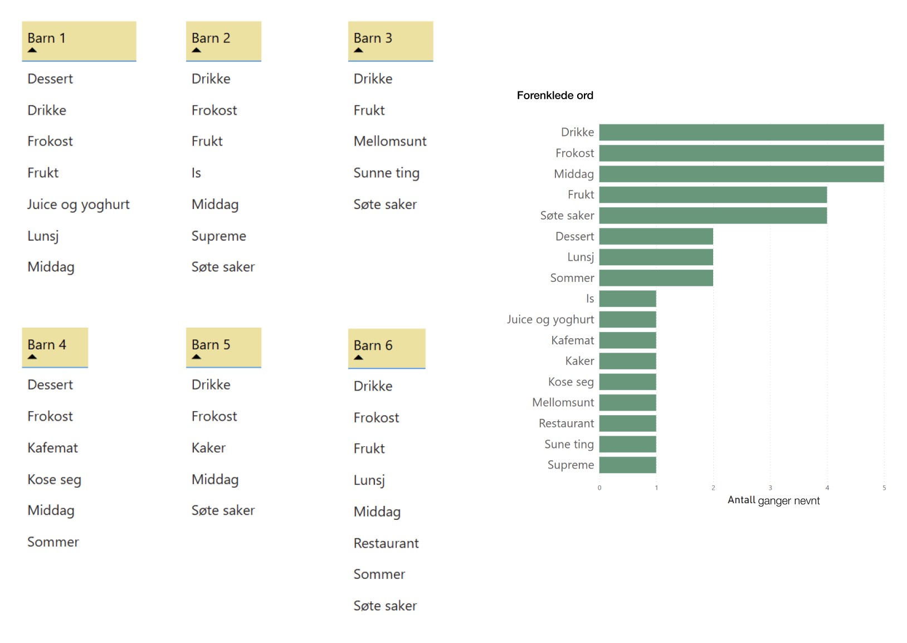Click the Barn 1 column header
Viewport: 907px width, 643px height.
tap(79, 40)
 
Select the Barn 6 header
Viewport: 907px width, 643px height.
tap(386, 348)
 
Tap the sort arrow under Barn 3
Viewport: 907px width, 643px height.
tap(358, 50)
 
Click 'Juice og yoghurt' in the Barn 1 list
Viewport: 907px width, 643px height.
tap(78, 204)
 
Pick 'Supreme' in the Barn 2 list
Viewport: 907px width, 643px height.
tap(218, 236)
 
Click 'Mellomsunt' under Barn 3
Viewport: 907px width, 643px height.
tap(389, 142)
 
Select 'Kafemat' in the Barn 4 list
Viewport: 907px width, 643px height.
tap(52, 448)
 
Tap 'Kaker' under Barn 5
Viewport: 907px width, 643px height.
tap(208, 448)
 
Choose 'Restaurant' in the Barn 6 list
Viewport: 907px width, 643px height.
tap(386, 544)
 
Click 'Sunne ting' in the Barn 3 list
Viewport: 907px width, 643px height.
tap(386, 173)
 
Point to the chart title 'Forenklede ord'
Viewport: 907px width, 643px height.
tap(554, 95)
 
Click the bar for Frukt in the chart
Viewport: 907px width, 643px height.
tap(713, 195)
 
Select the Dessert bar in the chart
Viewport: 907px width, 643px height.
tap(656, 236)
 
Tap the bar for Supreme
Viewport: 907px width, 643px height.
tap(627, 465)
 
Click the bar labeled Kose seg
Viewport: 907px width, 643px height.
tap(627, 382)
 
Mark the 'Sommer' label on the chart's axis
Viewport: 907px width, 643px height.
tap(572, 278)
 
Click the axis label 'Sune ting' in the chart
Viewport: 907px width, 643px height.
tap(569, 445)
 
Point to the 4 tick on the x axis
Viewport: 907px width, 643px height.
tap(827, 488)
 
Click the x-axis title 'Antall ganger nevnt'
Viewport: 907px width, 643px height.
tap(773, 500)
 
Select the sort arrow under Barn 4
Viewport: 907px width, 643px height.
tap(32, 357)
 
